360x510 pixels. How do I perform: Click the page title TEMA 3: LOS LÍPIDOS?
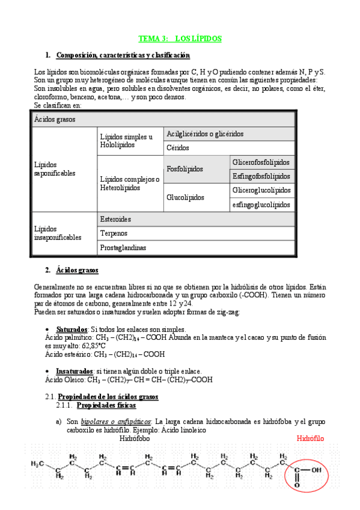[180, 38]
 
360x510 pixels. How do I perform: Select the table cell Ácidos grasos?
[55, 119]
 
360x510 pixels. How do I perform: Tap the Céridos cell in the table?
[178, 147]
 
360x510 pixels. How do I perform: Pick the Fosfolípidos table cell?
[185, 169]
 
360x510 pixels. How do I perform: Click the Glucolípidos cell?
[185, 197]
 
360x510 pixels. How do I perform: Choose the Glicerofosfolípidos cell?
[261, 162]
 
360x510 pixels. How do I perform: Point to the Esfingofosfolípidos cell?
[261, 176]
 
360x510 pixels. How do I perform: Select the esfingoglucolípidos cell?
[261, 204]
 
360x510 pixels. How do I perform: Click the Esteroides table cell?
[117, 219]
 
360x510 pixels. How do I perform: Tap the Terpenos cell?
[114, 233]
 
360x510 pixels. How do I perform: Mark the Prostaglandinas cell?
[123, 247]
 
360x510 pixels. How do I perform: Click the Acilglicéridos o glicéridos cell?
[205, 134]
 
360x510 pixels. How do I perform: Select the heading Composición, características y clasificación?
[123, 55]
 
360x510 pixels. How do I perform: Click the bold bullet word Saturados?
[71, 330]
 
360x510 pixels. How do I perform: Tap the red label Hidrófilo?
[310, 438]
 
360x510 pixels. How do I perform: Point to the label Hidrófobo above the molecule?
[135, 438]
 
